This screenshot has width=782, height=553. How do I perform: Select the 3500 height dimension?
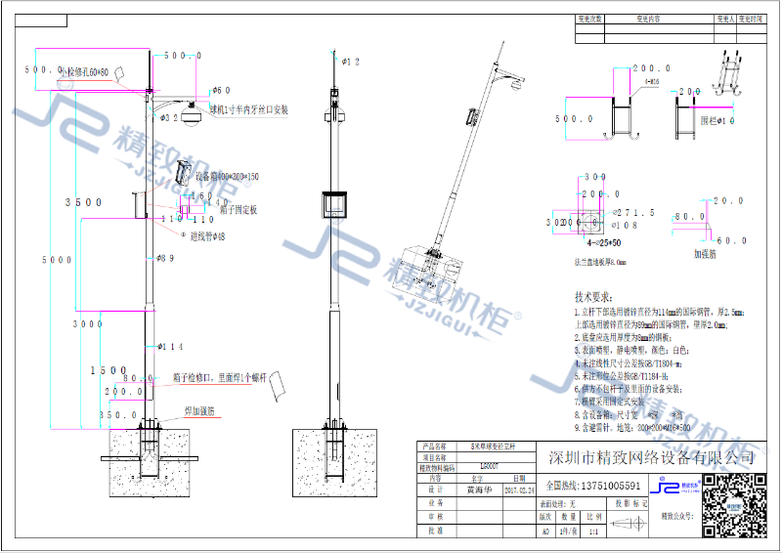83,202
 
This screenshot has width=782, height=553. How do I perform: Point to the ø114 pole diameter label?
170,347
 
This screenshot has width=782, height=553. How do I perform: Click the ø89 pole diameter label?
165,258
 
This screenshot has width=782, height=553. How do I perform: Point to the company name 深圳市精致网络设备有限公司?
652,458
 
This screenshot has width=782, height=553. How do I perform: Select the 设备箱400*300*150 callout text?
227,176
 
